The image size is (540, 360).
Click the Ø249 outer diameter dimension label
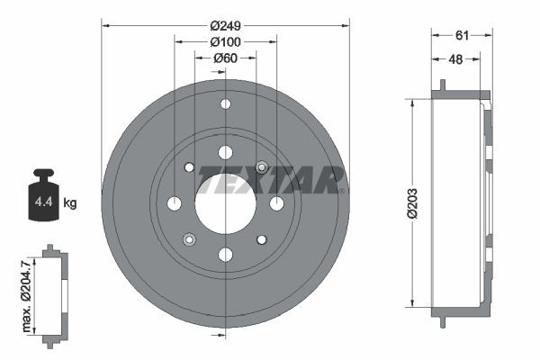coord(224,25)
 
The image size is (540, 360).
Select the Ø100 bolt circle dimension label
coord(224,42)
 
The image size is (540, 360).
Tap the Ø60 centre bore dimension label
coord(224,58)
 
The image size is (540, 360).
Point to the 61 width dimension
coord(462,35)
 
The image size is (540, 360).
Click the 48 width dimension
coord(456,59)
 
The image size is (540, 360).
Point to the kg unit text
coord(70,203)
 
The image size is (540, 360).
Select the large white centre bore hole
coord(224,203)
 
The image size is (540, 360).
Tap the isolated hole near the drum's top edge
coord(224,104)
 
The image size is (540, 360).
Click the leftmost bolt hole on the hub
coord(175,203)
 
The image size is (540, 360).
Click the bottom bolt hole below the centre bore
coord(224,254)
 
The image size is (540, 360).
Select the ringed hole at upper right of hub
coord(261,167)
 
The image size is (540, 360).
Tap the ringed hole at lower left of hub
coord(189,239)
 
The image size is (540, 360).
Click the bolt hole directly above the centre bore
coord(224,153)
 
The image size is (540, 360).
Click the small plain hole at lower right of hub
coord(261,239)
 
